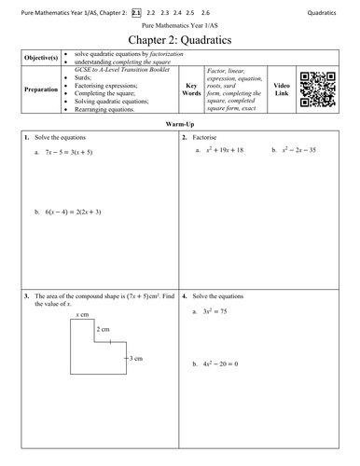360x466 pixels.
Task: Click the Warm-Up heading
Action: [x=179, y=124]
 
